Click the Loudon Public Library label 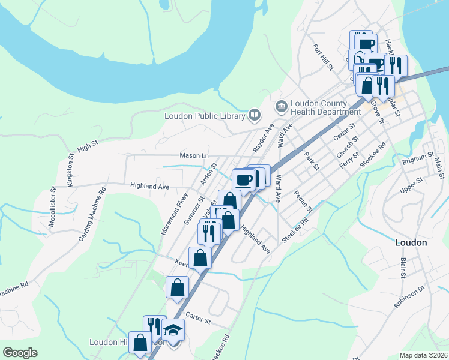(205, 115)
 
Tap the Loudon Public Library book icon (255, 115)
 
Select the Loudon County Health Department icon (280, 107)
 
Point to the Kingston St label (71, 170)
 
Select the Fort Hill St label (322, 57)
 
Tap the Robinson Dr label (409, 296)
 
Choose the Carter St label (198, 319)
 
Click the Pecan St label (303, 201)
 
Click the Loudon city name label (411, 242)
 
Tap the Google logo (20, 353)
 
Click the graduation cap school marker (173, 331)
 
